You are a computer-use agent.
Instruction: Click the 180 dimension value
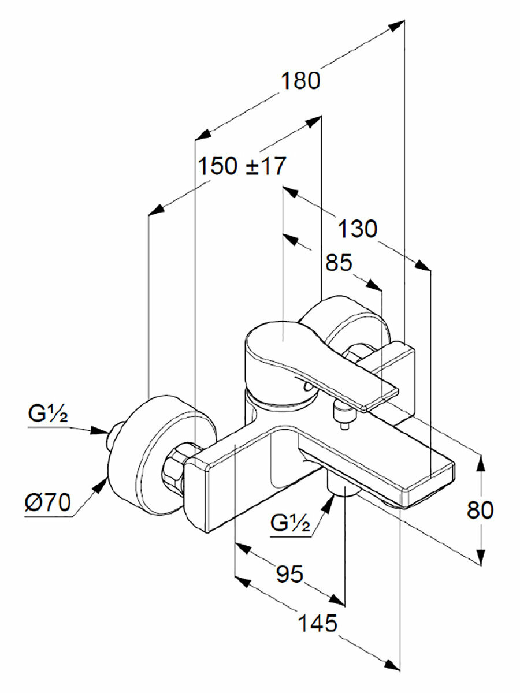coord(300,81)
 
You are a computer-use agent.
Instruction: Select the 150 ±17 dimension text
coord(242,166)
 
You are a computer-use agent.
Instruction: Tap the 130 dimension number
coord(357,229)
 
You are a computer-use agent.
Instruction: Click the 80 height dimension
coord(480,510)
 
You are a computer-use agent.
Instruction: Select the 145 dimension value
coord(317,623)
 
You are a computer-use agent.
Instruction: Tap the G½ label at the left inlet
coord(48,414)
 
